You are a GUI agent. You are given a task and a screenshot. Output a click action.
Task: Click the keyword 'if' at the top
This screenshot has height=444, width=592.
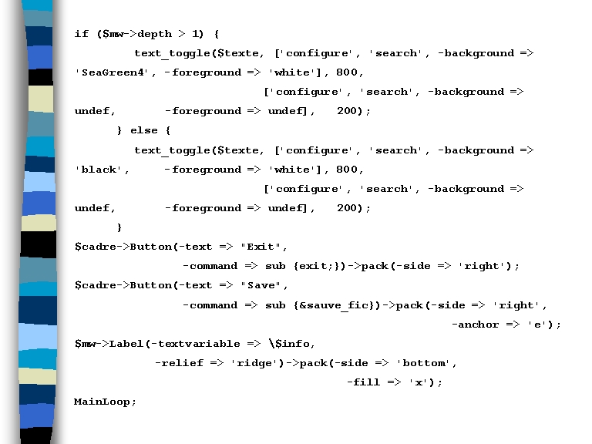(x=81, y=34)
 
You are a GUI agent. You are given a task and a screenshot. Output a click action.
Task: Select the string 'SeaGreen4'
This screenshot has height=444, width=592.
(x=112, y=72)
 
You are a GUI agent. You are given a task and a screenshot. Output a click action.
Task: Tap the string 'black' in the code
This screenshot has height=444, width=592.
(x=102, y=170)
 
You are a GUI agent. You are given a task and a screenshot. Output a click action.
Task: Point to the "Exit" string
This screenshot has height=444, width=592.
(x=261, y=247)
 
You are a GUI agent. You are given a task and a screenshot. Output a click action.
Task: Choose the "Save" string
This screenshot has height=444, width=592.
(x=261, y=285)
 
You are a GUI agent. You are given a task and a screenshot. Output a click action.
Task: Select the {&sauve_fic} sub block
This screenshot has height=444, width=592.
(x=336, y=305)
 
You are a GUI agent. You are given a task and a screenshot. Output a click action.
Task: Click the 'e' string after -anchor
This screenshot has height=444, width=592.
(x=536, y=325)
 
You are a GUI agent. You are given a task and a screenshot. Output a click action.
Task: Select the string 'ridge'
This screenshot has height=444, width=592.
(x=252, y=363)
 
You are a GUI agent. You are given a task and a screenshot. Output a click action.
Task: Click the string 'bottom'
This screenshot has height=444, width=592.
(x=424, y=363)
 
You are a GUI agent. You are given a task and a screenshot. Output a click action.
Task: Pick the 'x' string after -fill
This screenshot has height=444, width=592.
(x=417, y=382)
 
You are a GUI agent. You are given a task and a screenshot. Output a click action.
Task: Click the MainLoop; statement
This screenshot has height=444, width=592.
(x=105, y=402)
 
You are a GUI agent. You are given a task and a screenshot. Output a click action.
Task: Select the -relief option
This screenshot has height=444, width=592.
(x=179, y=363)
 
